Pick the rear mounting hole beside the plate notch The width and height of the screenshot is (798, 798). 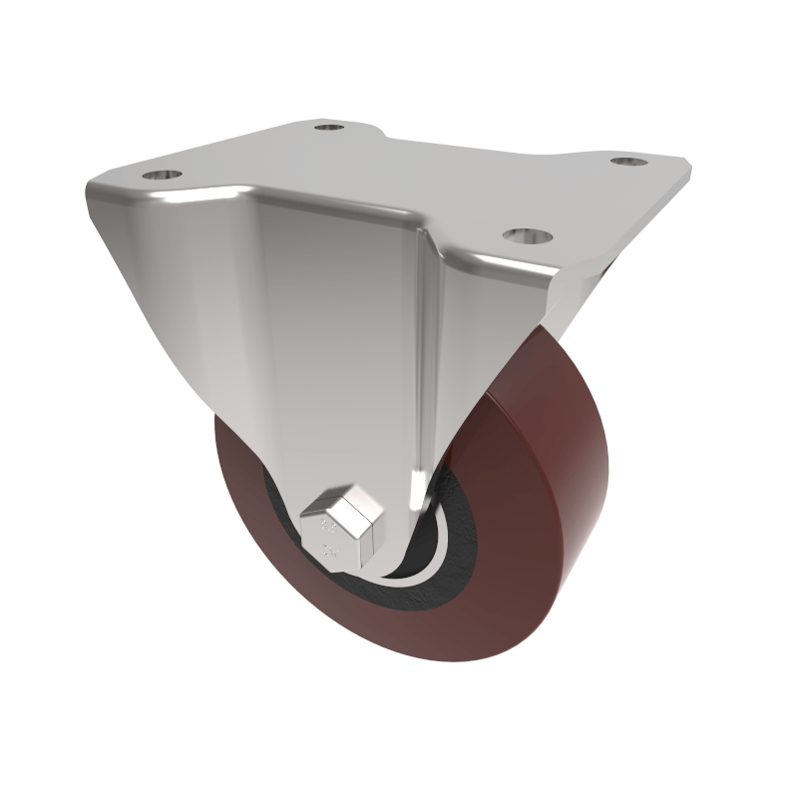click(x=327, y=127)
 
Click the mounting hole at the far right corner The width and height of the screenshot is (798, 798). click(x=626, y=161)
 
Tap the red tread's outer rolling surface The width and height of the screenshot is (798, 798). click(x=559, y=469)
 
